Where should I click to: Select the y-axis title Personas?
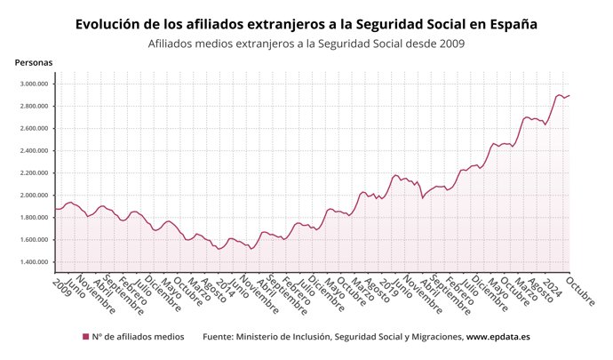(x=34, y=62)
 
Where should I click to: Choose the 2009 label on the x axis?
(x=61, y=285)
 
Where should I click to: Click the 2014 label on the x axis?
(x=226, y=285)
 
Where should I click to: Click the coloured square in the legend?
(x=85, y=337)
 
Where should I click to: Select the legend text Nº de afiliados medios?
(x=138, y=337)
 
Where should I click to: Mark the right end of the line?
(x=569, y=95)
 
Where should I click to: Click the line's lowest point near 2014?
(x=219, y=249)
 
